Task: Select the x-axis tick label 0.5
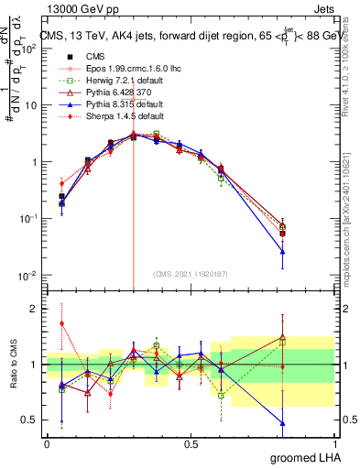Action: pos(191,442)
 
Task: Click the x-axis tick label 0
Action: pos(47,442)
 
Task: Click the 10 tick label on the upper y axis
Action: pos(32,104)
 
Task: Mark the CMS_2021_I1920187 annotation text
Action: pos(190,274)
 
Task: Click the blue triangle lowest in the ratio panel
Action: pos(282,423)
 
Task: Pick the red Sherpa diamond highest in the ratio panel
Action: pos(61,323)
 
